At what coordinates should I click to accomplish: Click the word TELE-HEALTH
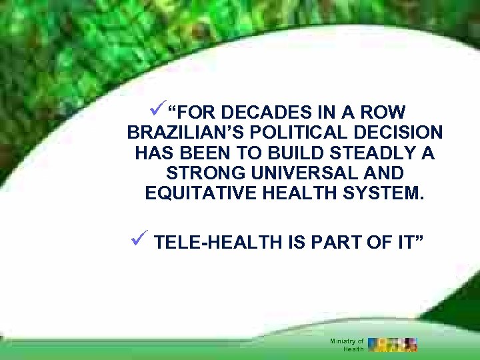[218, 243]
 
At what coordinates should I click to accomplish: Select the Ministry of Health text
[347, 345]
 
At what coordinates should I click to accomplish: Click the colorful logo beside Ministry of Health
[393, 344]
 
